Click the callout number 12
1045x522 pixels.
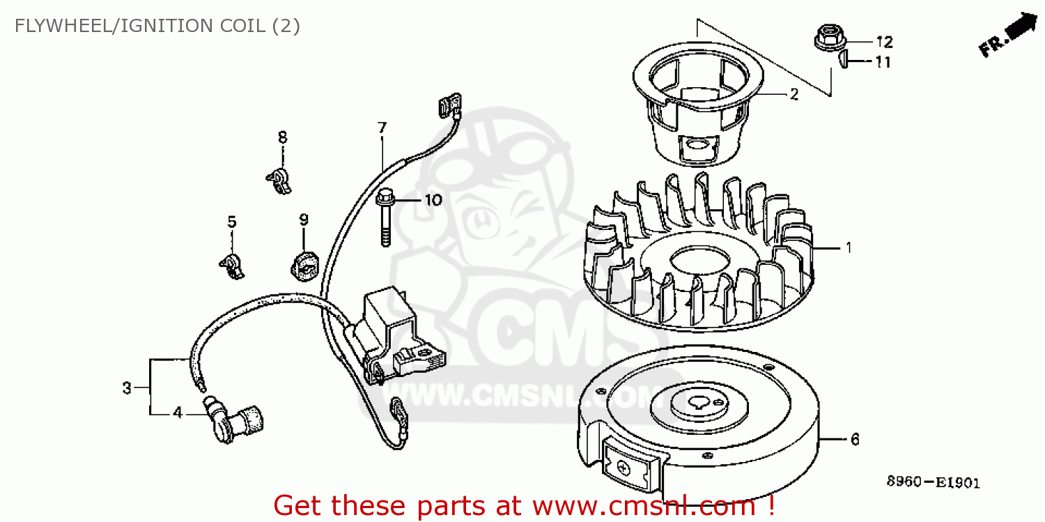coord(884,41)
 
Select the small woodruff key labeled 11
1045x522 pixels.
coord(842,61)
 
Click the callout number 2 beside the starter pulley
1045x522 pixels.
coord(794,95)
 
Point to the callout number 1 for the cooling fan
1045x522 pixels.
coord(848,247)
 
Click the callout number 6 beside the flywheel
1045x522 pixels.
coord(855,440)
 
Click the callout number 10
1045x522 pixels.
coord(433,201)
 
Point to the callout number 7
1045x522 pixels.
coord(382,128)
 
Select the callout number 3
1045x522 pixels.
coord(127,387)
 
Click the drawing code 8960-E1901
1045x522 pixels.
coord(933,482)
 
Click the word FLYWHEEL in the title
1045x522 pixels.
coord(59,26)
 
